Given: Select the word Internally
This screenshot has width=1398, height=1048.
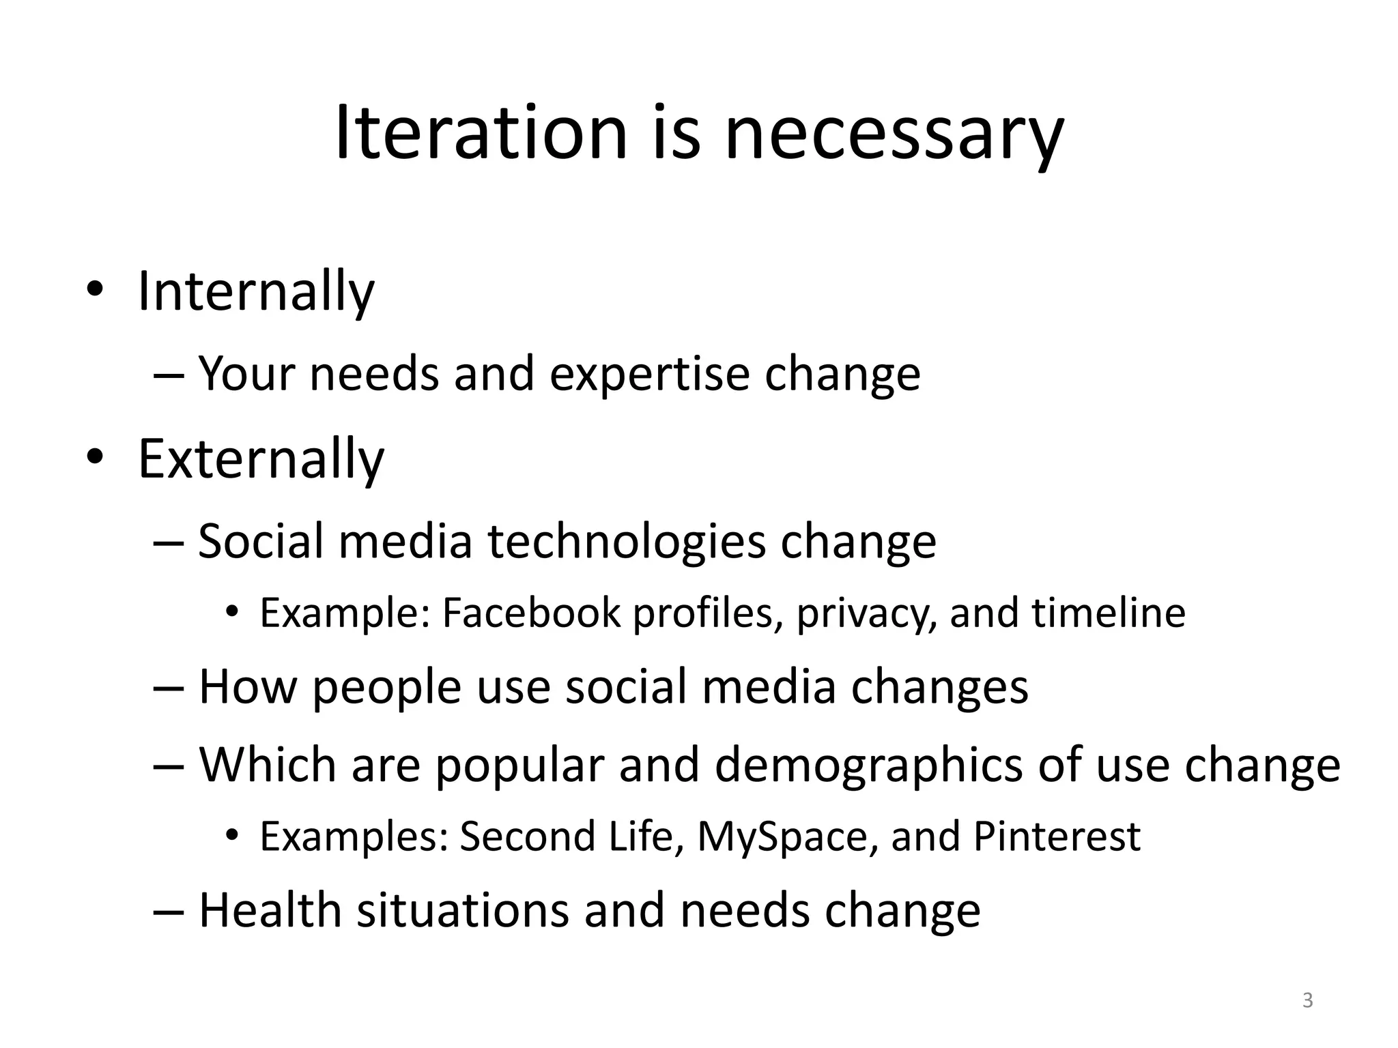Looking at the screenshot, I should [x=256, y=292].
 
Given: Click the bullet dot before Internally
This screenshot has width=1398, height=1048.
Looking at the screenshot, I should [x=94, y=289].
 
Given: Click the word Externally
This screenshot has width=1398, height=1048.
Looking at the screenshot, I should [x=261, y=459].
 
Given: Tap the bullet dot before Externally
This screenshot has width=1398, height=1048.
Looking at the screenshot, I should [x=94, y=456].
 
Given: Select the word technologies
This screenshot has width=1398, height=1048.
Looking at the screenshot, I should [x=627, y=541].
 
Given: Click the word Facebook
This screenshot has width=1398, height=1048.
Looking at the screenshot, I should [x=531, y=612].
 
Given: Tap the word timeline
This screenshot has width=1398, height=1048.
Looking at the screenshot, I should [x=1108, y=612].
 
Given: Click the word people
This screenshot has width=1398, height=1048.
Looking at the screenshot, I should [x=386, y=687].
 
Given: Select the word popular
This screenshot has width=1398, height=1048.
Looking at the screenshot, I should [x=519, y=766].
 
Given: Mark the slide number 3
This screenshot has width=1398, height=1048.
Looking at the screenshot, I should [x=1307, y=1001].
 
